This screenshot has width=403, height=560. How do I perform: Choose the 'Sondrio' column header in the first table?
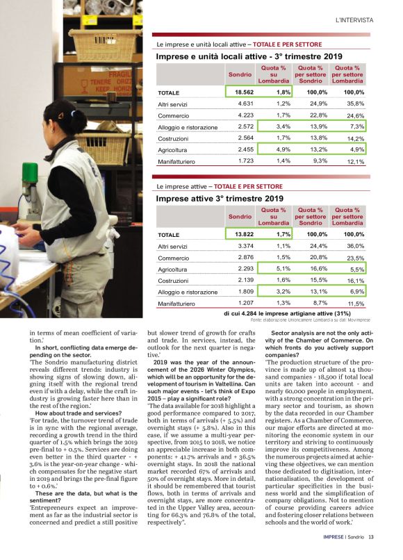tap(240, 73)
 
